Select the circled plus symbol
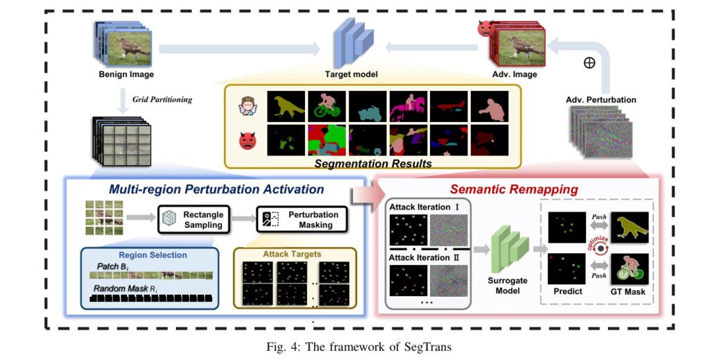(x=589, y=62)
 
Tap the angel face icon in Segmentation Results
(x=247, y=106)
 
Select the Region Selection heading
(x=153, y=255)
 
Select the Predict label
(x=567, y=292)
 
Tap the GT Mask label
(x=629, y=292)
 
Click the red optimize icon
(x=598, y=243)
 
